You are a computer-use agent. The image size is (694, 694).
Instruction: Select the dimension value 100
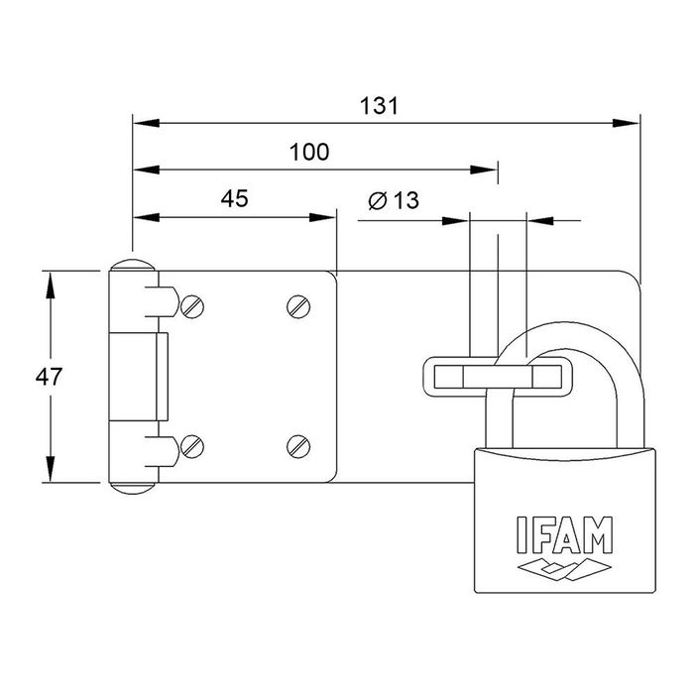309,152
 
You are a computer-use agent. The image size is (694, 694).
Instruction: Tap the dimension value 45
233,198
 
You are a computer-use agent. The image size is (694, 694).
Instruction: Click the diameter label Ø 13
394,201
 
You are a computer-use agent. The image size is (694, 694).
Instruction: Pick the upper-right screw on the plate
300,306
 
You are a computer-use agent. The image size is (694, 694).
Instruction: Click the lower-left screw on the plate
193,448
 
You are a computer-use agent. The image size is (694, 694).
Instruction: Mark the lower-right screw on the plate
300,448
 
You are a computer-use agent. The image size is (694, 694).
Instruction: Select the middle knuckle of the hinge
139,377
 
